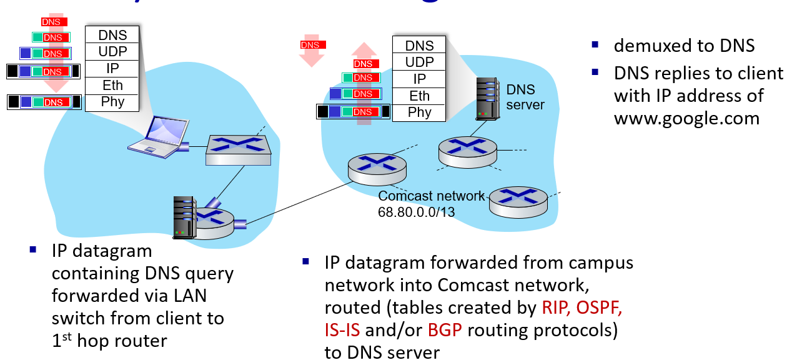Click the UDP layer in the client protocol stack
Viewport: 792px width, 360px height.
coord(112,52)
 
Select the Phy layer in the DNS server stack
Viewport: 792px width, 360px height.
coord(419,112)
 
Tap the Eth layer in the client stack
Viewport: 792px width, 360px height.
coord(112,86)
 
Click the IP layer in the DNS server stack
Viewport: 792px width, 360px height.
coord(419,79)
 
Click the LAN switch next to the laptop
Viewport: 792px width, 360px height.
coord(239,151)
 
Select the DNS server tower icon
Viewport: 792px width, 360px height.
coord(487,98)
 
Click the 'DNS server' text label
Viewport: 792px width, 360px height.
coord(525,97)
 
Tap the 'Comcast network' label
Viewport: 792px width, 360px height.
coord(431,196)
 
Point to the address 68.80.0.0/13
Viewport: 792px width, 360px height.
coord(416,212)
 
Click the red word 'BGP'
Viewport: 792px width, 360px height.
coord(445,329)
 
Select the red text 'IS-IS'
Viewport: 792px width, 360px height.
coord(342,329)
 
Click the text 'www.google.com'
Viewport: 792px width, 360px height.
coord(686,117)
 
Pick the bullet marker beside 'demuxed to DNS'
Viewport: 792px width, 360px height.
coord(595,45)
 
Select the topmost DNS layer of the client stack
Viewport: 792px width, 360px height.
coord(112,35)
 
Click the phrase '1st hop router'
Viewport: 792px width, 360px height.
coord(109,341)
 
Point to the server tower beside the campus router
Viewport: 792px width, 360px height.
coord(185,217)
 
